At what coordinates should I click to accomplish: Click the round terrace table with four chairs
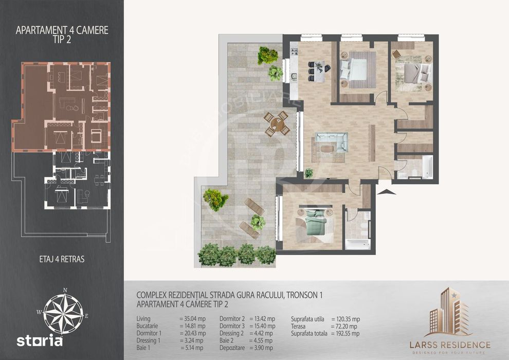(277, 123)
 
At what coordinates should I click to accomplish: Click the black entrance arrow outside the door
(388, 191)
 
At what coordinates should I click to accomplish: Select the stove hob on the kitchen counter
(295, 51)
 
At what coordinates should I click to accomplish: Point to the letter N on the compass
(65, 290)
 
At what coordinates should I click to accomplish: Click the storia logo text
(40, 341)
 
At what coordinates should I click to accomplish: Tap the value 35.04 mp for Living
(192, 319)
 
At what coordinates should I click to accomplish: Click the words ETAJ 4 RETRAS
(62, 259)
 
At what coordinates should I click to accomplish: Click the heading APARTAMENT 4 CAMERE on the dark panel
(62, 30)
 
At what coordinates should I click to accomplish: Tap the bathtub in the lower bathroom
(358, 244)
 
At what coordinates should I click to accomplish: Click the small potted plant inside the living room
(309, 173)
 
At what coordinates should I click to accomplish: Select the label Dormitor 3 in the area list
(232, 326)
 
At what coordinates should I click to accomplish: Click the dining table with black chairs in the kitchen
(319, 71)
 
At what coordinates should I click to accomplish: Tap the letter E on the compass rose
(87, 316)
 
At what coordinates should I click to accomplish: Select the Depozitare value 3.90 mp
(261, 348)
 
